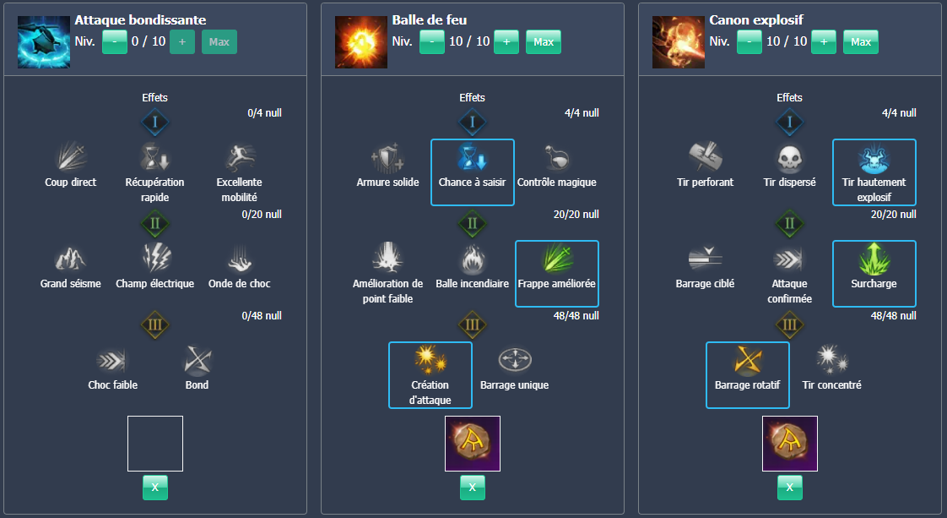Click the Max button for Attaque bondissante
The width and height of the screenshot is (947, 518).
click(x=219, y=41)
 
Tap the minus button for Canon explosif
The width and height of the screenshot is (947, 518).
click(x=749, y=41)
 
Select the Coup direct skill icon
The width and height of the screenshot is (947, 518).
click(x=71, y=157)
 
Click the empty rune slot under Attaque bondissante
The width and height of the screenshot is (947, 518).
click(x=155, y=443)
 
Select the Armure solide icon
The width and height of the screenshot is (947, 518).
click(x=388, y=157)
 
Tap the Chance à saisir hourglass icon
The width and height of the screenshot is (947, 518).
click(x=473, y=157)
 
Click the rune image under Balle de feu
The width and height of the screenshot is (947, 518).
click(x=473, y=443)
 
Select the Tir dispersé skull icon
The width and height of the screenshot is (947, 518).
click(x=790, y=157)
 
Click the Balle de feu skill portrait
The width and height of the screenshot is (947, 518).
click(x=361, y=41)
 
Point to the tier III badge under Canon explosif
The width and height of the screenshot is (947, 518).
click(x=790, y=324)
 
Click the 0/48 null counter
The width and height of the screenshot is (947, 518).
click(x=262, y=316)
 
